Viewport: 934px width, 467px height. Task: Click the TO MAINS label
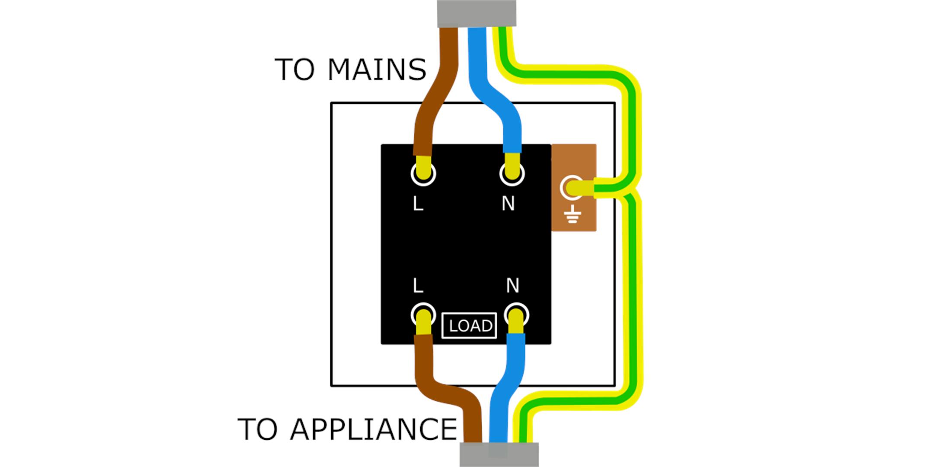click(x=350, y=70)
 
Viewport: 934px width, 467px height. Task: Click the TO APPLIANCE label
click(x=347, y=429)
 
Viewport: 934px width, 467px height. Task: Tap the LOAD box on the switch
click(x=469, y=326)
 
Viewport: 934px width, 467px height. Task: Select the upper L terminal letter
click(x=418, y=204)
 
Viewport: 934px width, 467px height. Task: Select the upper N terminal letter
click(x=508, y=204)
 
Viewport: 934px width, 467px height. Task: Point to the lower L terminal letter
click(x=418, y=286)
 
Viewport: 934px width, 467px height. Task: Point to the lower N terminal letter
click(x=512, y=286)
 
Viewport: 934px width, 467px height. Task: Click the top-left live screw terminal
click(x=423, y=174)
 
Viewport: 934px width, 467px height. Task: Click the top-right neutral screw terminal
click(x=512, y=174)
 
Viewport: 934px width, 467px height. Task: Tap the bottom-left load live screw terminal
click(x=423, y=315)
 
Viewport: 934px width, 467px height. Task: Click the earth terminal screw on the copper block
click(x=572, y=188)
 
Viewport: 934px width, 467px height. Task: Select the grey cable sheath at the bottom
click(x=499, y=454)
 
